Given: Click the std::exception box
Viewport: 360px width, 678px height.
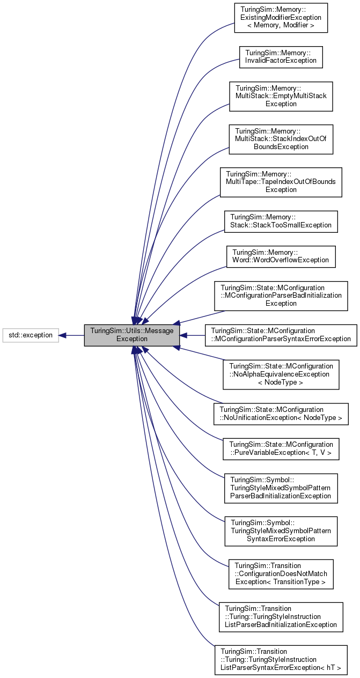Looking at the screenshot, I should point(30,335).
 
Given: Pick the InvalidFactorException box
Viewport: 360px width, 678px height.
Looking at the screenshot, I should point(281,57).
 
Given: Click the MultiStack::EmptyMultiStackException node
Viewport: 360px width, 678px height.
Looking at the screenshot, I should point(281,96).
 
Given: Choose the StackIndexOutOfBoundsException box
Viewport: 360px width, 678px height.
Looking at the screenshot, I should point(281,139).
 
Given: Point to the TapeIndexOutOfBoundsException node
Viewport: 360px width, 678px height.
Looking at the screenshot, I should point(281,182).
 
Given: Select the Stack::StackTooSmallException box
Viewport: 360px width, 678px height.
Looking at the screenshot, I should point(281,222).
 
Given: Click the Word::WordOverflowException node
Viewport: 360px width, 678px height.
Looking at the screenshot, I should point(281,256).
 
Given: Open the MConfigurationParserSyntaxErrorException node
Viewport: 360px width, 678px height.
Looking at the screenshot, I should point(281,335).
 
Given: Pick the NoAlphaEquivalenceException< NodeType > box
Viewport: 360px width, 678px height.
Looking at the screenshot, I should point(281,374).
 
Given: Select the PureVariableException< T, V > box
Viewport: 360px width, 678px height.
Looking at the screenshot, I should point(281,448).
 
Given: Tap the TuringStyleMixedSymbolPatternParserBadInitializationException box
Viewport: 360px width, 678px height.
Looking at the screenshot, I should point(281,488).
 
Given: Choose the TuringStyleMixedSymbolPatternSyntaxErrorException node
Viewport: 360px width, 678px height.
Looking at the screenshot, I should point(281,531).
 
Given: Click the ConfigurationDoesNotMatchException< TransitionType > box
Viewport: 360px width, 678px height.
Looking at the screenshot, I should point(281,574).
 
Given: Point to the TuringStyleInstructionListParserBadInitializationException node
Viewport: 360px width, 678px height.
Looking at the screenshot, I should point(281,617).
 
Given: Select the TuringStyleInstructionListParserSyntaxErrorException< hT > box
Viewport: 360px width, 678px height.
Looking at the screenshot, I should point(281,660).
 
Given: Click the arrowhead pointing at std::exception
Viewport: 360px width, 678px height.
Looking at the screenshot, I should point(62,335).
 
